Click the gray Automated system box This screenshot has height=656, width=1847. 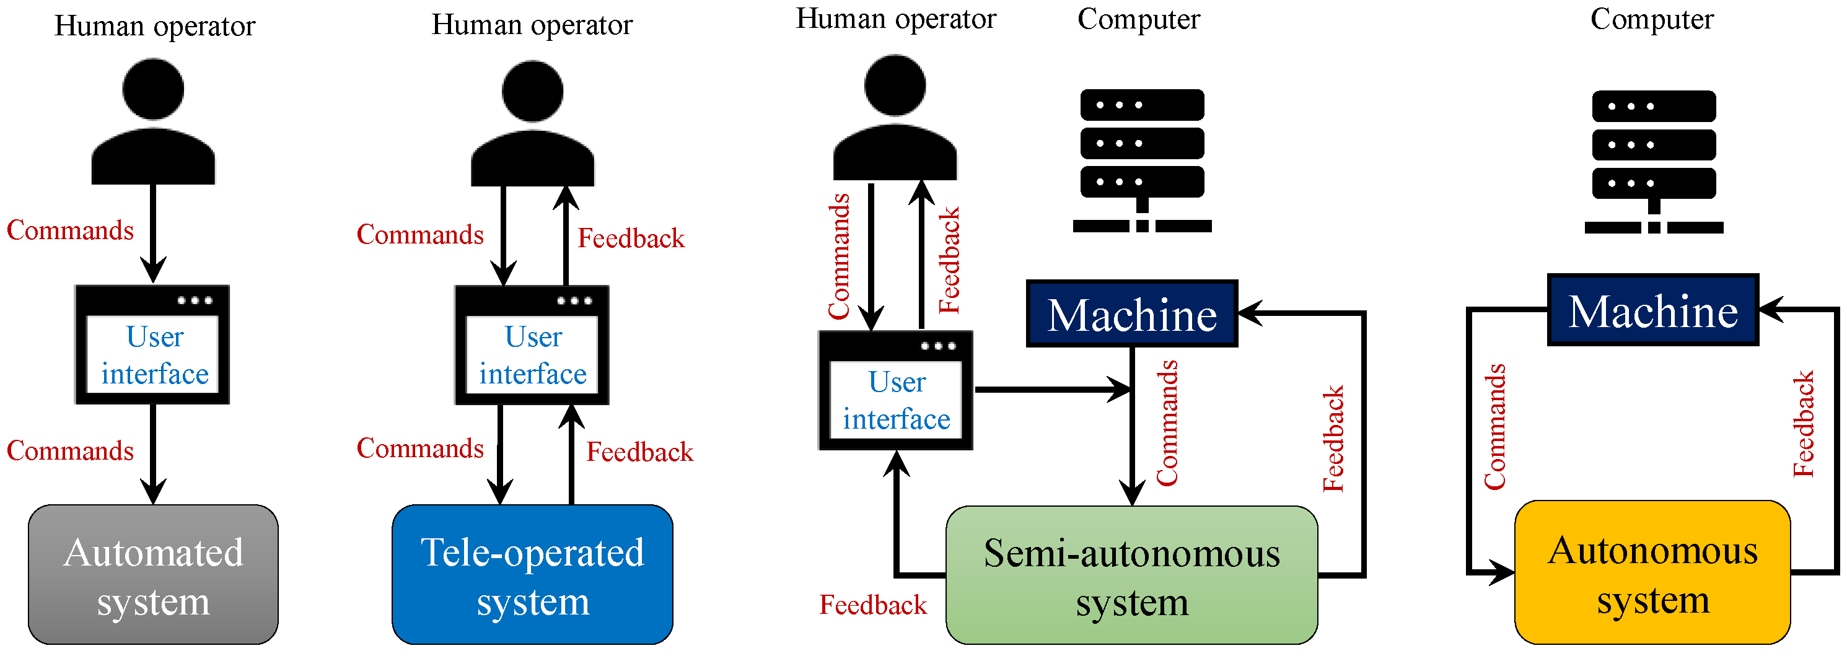pyautogui.click(x=154, y=574)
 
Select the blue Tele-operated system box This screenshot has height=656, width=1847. pyautogui.click(x=533, y=574)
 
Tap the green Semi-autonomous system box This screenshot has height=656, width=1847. pyautogui.click(x=1131, y=575)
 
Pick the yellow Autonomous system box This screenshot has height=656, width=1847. pyautogui.click(x=1652, y=572)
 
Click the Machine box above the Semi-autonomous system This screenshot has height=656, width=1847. pyautogui.click(x=1132, y=314)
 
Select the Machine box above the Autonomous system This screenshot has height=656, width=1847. pyautogui.click(x=1652, y=310)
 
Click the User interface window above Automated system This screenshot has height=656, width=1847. pyautogui.click(x=152, y=345)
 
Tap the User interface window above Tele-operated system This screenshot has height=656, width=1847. pyautogui.click(x=532, y=345)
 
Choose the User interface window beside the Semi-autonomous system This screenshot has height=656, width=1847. pyautogui.click(x=895, y=390)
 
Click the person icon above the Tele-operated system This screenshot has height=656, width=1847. pyautogui.click(x=533, y=123)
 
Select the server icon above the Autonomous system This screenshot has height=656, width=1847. pyautogui.click(x=1654, y=162)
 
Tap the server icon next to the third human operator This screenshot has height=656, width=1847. pyautogui.click(x=1142, y=160)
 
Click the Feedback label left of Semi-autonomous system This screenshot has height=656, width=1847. pyautogui.click(x=872, y=605)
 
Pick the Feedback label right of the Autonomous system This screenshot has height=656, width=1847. pyautogui.click(x=1803, y=424)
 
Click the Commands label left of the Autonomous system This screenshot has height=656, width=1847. pyautogui.click(x=1495, y=427)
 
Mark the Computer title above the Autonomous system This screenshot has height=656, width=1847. pyautogui.click(x=1652, y=19)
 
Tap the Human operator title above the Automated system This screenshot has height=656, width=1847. pyautogui.click(x=155, y=27)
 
